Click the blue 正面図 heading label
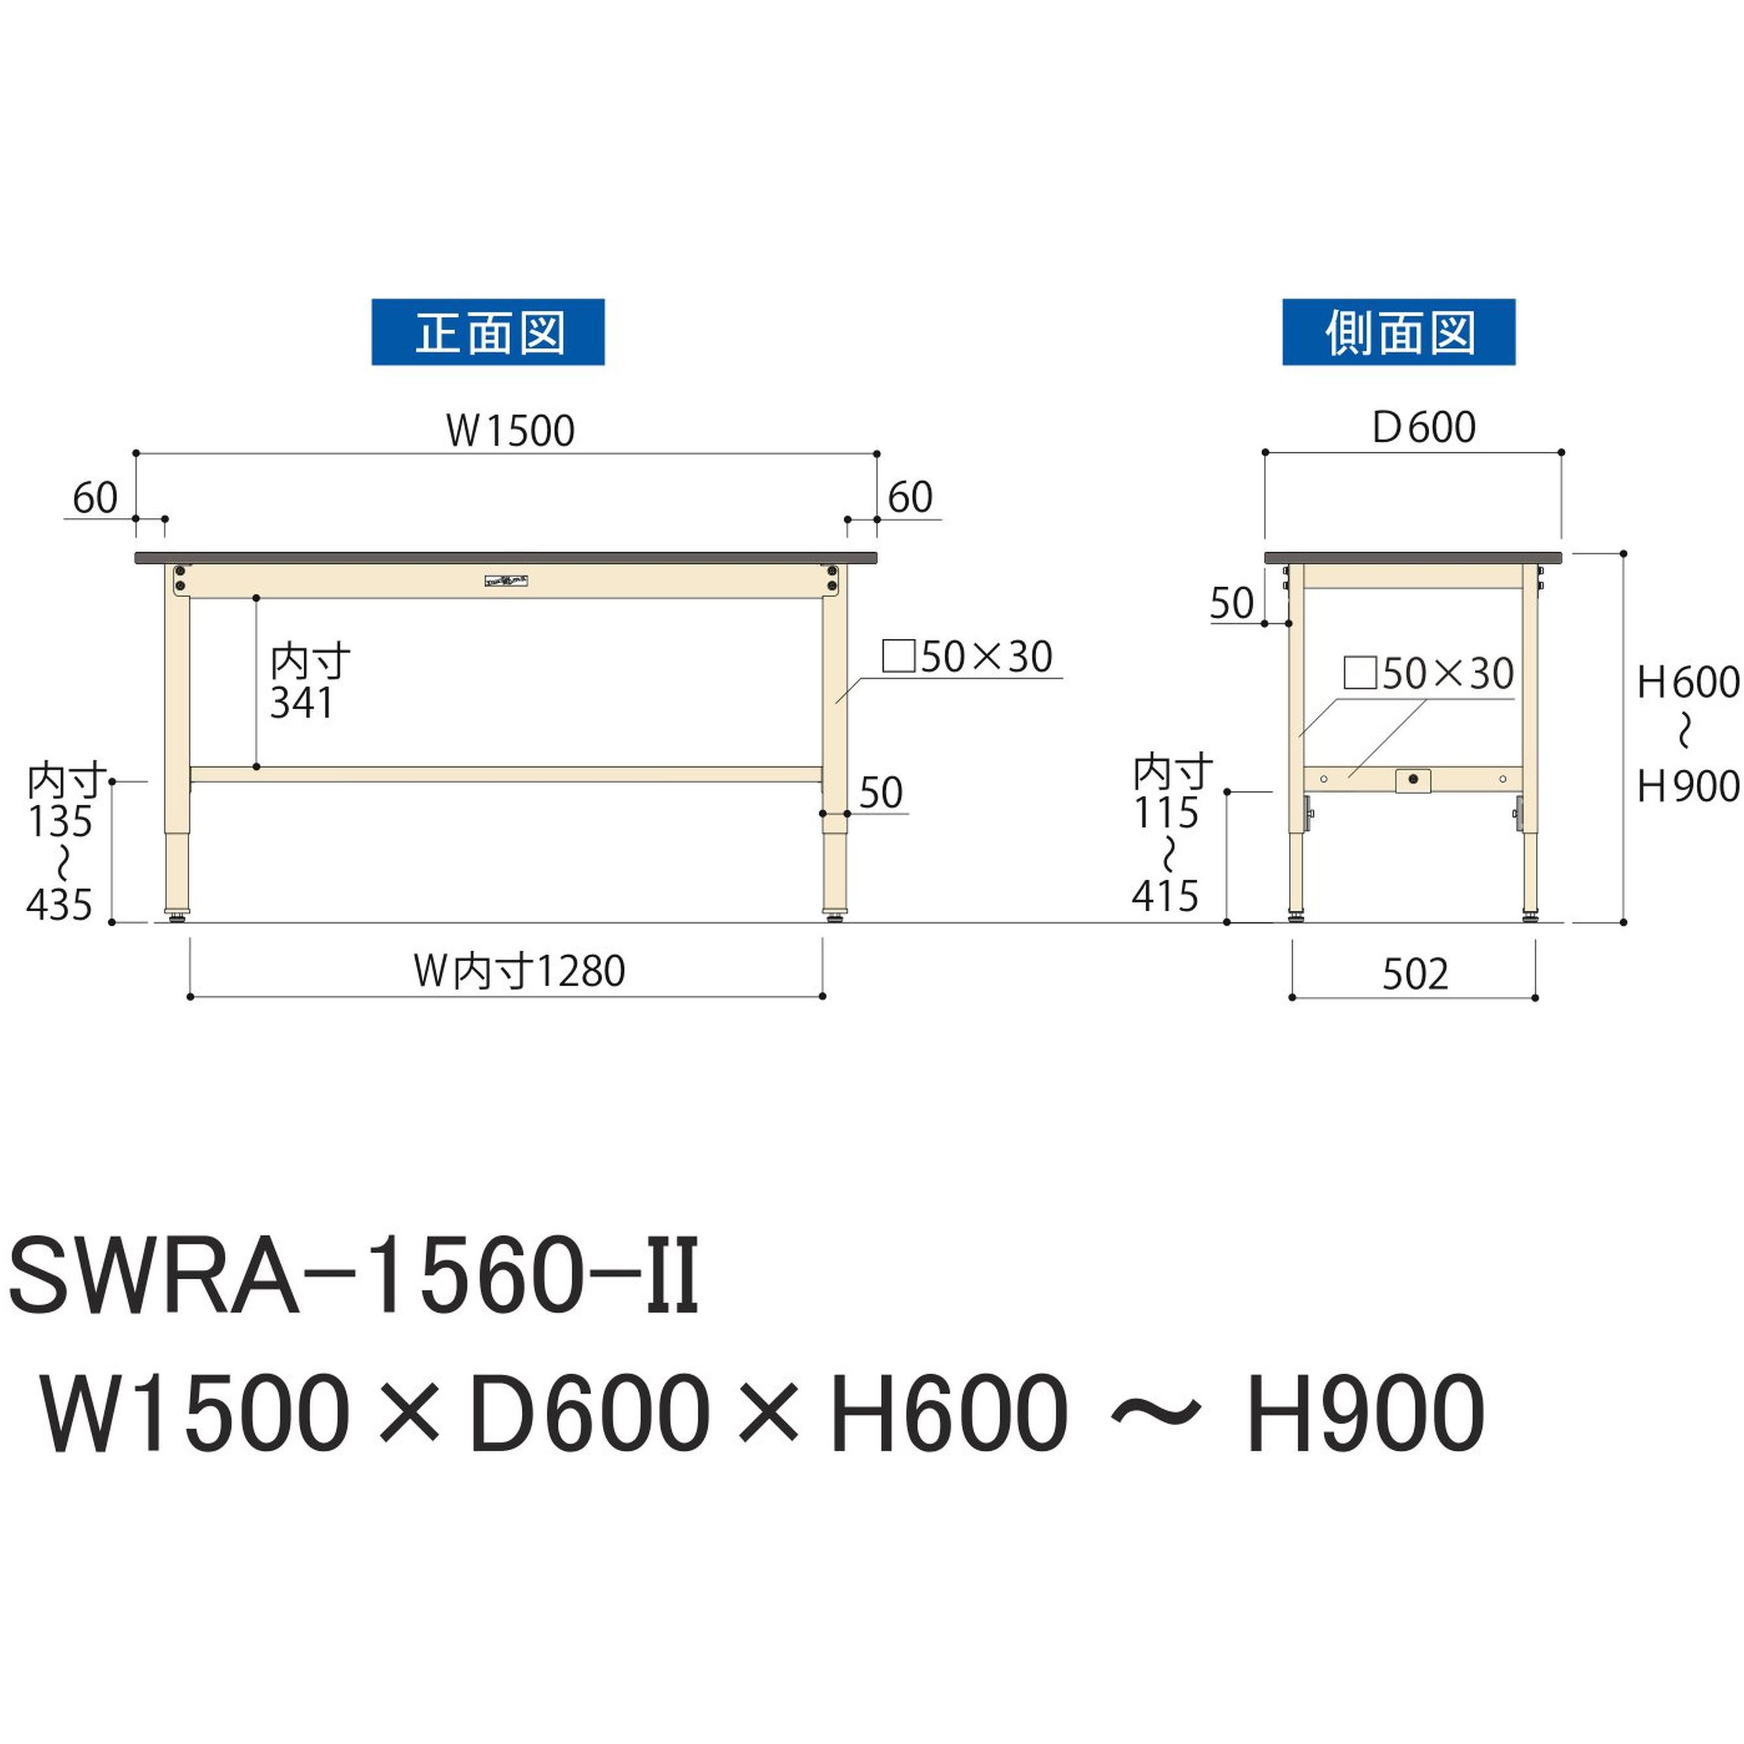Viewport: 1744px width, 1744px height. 488,332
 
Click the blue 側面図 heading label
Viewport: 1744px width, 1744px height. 1398,332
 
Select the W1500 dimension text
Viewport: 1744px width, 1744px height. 510,431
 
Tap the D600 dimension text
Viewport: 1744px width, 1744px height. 1423,427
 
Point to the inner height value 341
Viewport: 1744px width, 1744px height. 302,703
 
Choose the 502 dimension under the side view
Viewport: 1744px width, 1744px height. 1415,974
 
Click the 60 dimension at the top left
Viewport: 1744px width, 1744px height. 95,498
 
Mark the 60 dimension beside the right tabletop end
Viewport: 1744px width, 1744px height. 910,498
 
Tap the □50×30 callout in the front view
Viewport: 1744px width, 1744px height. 967,657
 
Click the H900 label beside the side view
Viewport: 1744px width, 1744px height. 1687,787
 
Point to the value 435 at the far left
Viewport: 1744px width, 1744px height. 60,903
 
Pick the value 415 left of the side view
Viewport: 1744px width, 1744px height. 1165,896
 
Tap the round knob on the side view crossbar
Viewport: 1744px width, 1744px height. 1413,778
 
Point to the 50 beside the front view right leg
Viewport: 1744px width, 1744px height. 880,793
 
